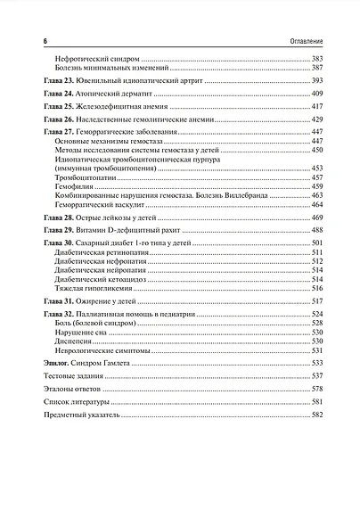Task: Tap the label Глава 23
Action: pyautogui.click(x=58, y=80)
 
